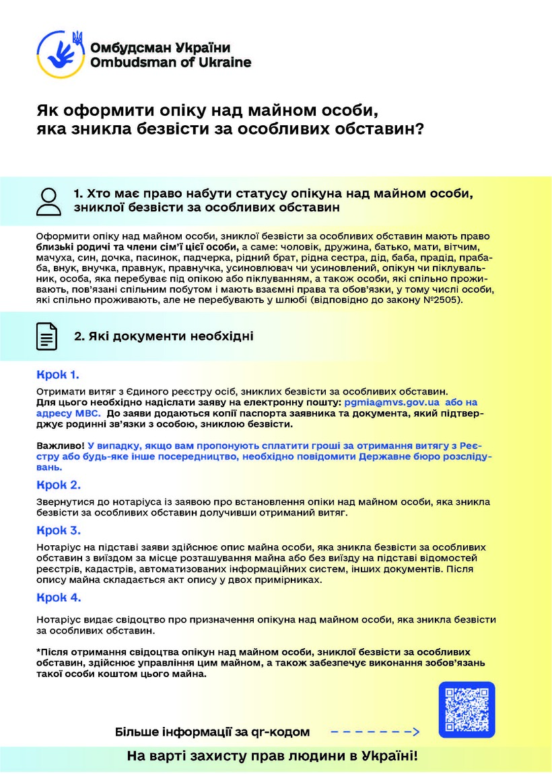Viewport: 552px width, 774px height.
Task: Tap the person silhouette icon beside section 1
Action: pos(48,201)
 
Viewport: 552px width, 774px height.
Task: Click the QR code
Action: pos(467,710)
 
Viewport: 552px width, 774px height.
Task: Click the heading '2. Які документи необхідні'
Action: pos(164,335)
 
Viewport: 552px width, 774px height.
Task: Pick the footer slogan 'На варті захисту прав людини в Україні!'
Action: pos(273,756)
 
